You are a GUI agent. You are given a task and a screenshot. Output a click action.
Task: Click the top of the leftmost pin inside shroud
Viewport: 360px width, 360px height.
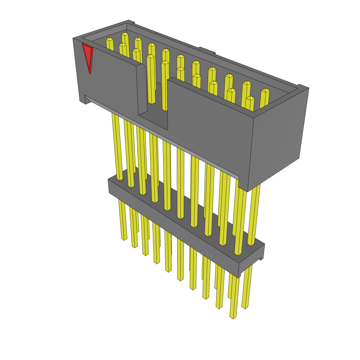[x=109, y=39]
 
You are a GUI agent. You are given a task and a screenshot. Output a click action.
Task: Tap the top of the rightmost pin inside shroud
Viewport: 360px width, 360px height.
[x=265, y=90]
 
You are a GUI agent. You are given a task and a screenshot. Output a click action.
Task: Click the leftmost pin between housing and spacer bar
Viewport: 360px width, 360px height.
[x=117, y=148]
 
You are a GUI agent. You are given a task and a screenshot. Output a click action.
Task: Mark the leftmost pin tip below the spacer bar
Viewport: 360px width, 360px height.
[x=124, y=238]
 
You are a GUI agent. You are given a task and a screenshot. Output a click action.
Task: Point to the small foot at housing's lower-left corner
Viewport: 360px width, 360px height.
[x=83, y=100]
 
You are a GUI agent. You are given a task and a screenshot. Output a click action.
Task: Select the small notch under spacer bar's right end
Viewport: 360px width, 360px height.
[x=261, y=259]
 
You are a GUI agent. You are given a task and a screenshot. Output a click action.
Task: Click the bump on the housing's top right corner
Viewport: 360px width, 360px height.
[x=303, y=86]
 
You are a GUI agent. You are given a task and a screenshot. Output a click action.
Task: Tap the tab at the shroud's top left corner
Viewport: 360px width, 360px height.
[x=130, y=22]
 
